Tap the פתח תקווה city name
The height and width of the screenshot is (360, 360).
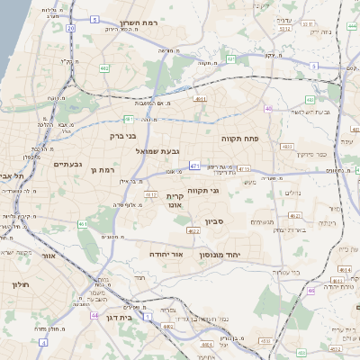tap(240, 139)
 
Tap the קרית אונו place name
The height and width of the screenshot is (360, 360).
tap(175, 200)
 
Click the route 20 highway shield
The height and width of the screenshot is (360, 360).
tap(70, 28)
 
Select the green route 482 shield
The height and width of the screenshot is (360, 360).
tap(104, 67)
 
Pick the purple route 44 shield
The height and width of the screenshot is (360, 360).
tap(94, 316)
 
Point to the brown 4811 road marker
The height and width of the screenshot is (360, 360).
tap(200, 99)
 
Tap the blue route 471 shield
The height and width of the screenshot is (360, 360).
tap(195, 166)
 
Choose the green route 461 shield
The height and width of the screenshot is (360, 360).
tap(83, 224)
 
